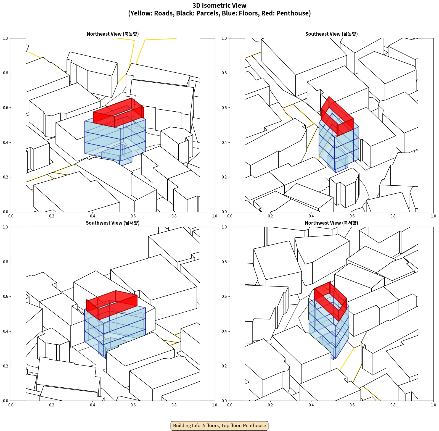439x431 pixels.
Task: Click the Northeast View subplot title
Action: tap(113, 34)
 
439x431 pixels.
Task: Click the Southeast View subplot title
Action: tap(331, 34)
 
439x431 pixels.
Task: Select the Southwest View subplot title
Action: tap(113, 223)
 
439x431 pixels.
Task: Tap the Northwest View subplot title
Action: tap(331, 223)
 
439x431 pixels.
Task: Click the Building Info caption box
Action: tap(219, 425)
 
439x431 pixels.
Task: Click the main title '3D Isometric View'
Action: tap(219, 6)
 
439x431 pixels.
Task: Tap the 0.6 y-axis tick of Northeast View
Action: tap(6, 108)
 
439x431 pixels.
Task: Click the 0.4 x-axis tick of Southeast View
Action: tap(311, 216)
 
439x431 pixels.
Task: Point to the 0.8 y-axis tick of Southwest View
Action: tap(6, 262)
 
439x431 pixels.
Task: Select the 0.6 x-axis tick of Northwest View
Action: tap(352, 405)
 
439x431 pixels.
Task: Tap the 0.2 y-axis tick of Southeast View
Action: tap(224, 177)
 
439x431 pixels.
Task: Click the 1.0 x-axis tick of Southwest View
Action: tap(215, 405)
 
